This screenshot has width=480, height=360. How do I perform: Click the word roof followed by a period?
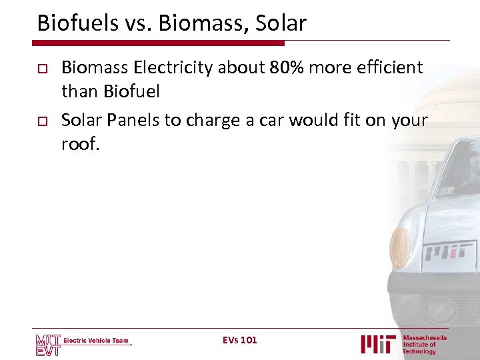tap(79, 143)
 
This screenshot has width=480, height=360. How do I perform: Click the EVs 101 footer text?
tap(239, 341)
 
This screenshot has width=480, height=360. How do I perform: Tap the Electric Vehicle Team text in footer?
tap(96, 341)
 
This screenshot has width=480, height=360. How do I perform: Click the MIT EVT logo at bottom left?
tap(48, 344)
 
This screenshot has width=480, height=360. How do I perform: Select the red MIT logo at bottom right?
tap(379, 343)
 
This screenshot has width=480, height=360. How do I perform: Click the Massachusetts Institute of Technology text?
tap(424, 345)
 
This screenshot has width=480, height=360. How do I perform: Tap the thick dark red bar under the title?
tap(160, 43)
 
